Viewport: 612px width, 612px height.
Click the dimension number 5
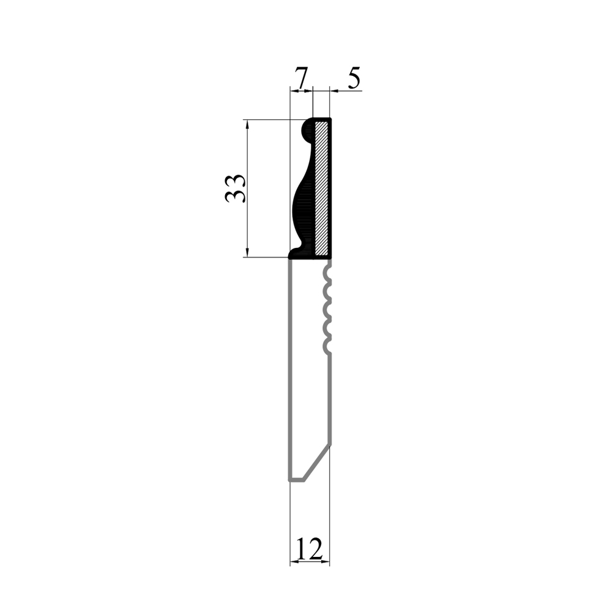353,78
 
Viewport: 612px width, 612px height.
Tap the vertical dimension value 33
236,188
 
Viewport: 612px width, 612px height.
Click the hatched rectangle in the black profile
322,188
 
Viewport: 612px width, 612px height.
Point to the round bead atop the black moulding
308,130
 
